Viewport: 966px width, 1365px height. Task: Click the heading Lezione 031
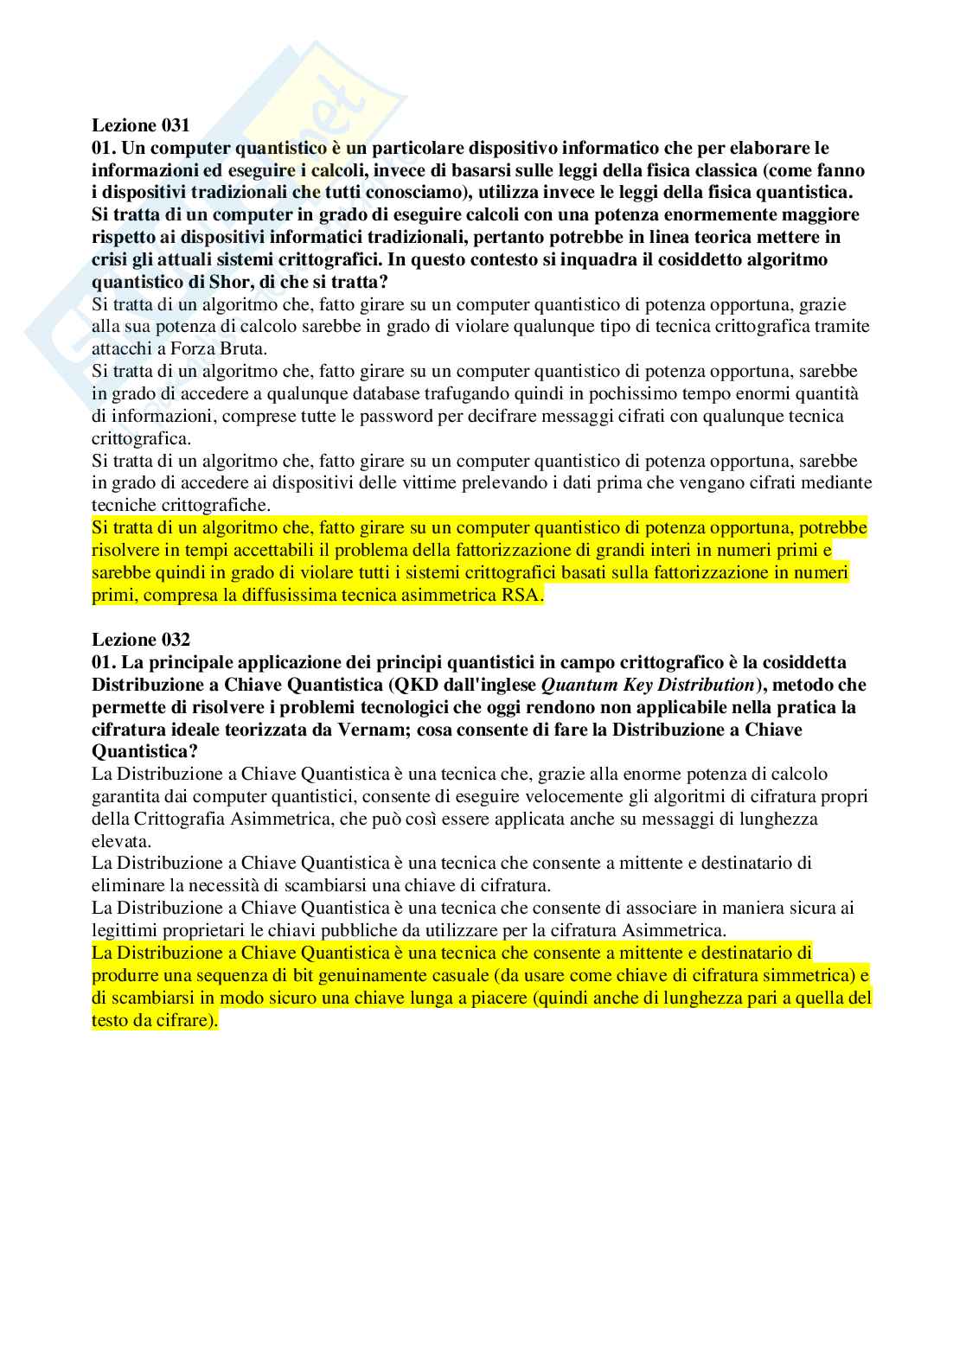140,125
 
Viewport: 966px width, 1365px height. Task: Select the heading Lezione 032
140,640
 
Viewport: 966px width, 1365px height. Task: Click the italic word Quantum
577,685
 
